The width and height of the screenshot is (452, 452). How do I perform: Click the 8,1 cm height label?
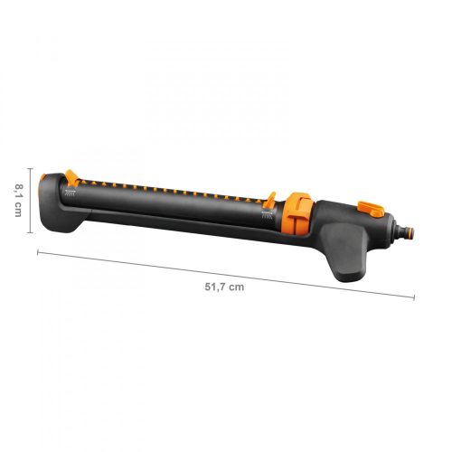tap(17, 196)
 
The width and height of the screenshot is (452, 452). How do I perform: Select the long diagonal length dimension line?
tap(226, 273)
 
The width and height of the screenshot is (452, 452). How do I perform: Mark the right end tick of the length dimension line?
tap(415, 296)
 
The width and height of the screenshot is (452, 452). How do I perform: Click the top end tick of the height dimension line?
tap(31, 170)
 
